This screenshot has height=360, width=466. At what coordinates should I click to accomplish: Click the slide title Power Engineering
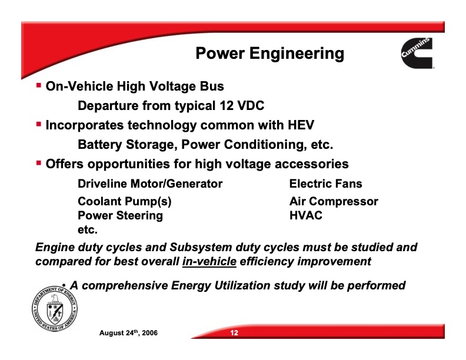click(x=269, y=54)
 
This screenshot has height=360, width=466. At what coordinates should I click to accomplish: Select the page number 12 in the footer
click(x=234, y=334)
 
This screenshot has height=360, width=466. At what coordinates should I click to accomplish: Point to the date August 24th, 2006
click(x=128, y=334)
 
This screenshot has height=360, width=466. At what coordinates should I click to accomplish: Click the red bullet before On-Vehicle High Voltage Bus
click(x=39, y=85)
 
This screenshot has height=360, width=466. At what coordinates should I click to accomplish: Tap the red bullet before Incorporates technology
click(x=39, y=124)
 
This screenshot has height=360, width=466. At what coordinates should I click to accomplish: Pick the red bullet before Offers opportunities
click(x=39, y=163)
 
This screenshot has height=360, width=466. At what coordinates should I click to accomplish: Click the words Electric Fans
click(x=326, y=184)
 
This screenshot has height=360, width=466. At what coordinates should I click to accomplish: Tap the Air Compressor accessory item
click(x=334, y=202)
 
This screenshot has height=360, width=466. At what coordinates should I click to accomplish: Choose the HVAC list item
click(x=306, y=215)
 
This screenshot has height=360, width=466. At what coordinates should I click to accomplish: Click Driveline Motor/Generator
click(x=150, y=184)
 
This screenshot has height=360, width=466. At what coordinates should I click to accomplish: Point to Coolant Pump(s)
click(x=125, y=202)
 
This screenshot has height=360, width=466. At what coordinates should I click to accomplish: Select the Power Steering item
click(x=121, y=215)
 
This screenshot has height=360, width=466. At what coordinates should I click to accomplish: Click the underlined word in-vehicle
click(x=209, y=261)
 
